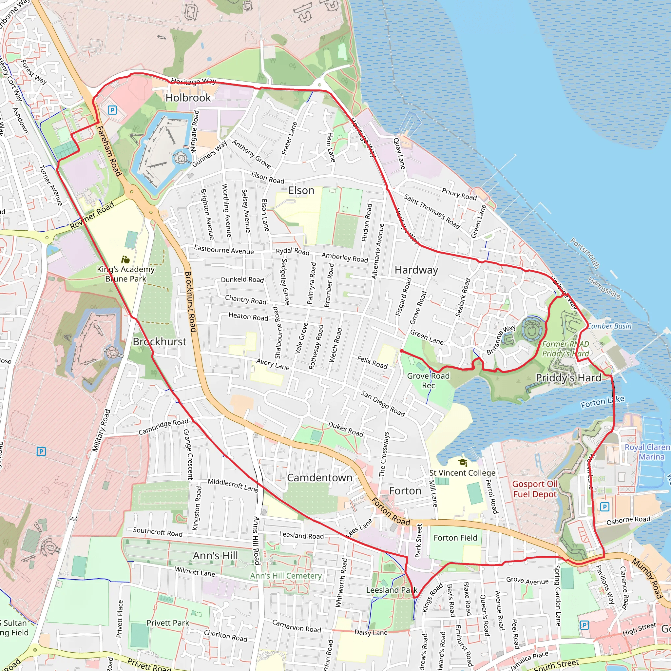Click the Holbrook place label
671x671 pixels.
[x=188, y=98]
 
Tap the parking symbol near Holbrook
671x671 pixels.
[x=112, y=110]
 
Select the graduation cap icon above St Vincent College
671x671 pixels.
[x=462, y=462]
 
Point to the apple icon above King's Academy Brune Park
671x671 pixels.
[x=126, y=259]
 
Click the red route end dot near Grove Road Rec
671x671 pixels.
[x=401, y=351]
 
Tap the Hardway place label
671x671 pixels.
[x=416, y=270]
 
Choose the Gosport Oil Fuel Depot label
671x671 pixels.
[x=535, y=489]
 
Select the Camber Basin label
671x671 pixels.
[x=609, y=326]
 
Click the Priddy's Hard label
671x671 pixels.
[x=568, y=378]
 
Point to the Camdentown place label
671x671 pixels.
[x=319, y=478]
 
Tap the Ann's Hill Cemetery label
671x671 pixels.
[x=286, y=576]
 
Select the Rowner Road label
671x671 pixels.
[x=92, y=216]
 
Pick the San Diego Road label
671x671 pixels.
[x=383, y=404]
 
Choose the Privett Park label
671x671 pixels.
[x=168, y=623]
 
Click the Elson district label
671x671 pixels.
[x=301, y=191]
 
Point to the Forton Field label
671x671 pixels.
[x=455, y=538]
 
